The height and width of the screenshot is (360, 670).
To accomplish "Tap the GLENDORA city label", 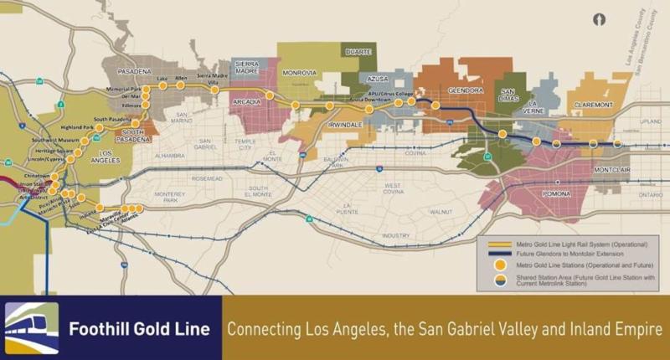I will [466, 90].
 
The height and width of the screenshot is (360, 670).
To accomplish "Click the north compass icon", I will [599, 18].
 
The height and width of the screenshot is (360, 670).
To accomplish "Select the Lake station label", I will [162, 79].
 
